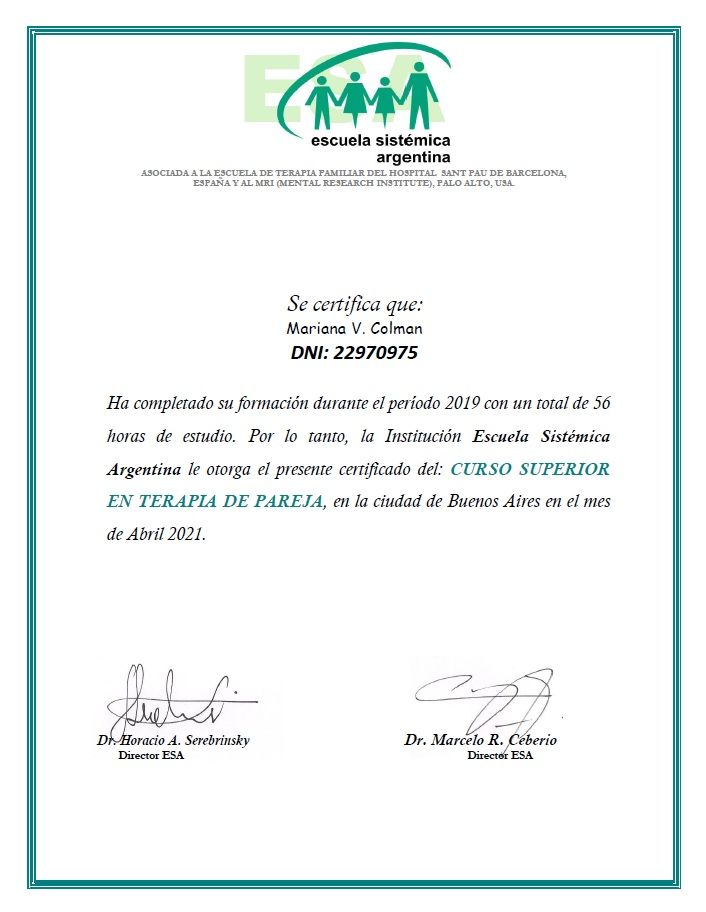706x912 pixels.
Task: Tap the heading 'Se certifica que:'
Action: pos(355,304)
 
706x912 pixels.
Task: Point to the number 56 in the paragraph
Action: pos(601,404)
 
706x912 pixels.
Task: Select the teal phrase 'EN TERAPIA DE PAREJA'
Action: pos(215,501)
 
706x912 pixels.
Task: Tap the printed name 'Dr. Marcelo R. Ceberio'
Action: pos(480,740)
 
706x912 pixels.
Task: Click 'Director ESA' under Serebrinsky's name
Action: pos(151,755)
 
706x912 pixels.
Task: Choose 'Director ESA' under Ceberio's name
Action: pos(500,755)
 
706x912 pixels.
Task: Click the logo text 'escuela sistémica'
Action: pos(380,141)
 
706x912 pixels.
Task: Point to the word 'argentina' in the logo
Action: pos(412,157)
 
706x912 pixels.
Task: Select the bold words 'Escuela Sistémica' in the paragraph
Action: pos(541,436)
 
